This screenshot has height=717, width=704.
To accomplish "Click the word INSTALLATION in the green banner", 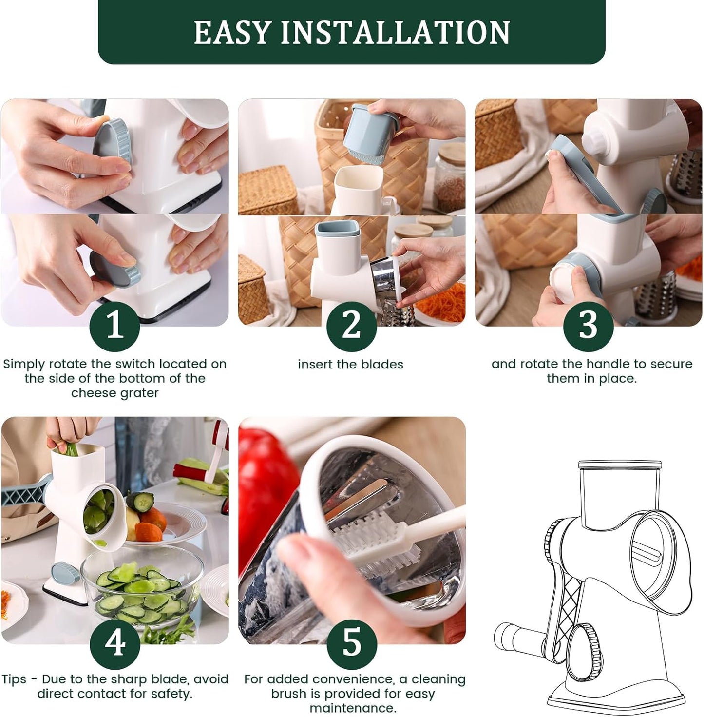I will [395, 32].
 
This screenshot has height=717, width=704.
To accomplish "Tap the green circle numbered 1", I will [115, 326].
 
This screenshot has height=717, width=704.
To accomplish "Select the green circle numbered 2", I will [351, 326].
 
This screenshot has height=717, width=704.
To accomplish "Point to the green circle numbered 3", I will [588, 326].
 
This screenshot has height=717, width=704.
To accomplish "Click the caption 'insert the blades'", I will [350, 365].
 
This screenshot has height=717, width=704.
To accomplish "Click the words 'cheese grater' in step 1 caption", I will [115, 393].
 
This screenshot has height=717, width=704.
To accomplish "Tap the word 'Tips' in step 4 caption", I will [14, 679].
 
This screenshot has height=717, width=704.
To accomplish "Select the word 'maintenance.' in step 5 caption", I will [353, 708].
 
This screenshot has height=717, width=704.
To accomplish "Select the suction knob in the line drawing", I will [584, 648].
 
